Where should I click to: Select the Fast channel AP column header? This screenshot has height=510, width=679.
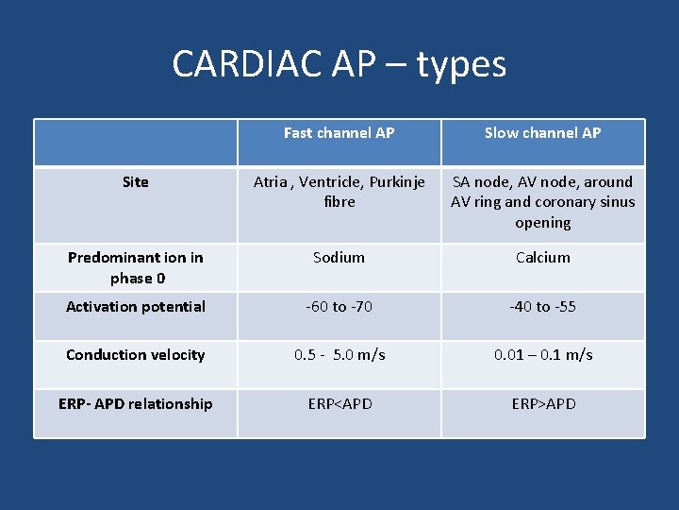(x=339, y=133)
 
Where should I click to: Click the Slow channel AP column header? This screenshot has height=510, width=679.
(x=542, y=133)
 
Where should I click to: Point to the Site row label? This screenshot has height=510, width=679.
(x=135, y=182)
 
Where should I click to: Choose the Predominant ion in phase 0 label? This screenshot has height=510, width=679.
(x=135, y=267)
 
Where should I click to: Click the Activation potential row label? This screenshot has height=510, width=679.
(x=135, y=307)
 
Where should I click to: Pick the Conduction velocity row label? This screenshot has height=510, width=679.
(x=135, y=355)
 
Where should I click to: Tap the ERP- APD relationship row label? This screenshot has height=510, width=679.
(x=135, y=404)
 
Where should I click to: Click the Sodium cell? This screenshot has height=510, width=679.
(x=339, y=258)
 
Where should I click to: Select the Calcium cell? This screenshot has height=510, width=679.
(x=542, y=258)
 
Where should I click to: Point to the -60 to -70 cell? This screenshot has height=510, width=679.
(x=339, y=307)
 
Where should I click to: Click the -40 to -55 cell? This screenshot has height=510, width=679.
(x=542, y=307)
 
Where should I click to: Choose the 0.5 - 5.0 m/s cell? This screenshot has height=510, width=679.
(x=339, y=355)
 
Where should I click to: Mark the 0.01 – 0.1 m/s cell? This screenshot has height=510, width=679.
(x=542, y=355)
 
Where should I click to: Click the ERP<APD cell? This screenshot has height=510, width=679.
(x=339, y=404)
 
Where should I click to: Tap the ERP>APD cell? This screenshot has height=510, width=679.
(x=542, y=404)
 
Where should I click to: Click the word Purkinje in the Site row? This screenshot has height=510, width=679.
(x=397, y=182)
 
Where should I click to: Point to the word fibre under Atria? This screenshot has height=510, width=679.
(x=339, y=202)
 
